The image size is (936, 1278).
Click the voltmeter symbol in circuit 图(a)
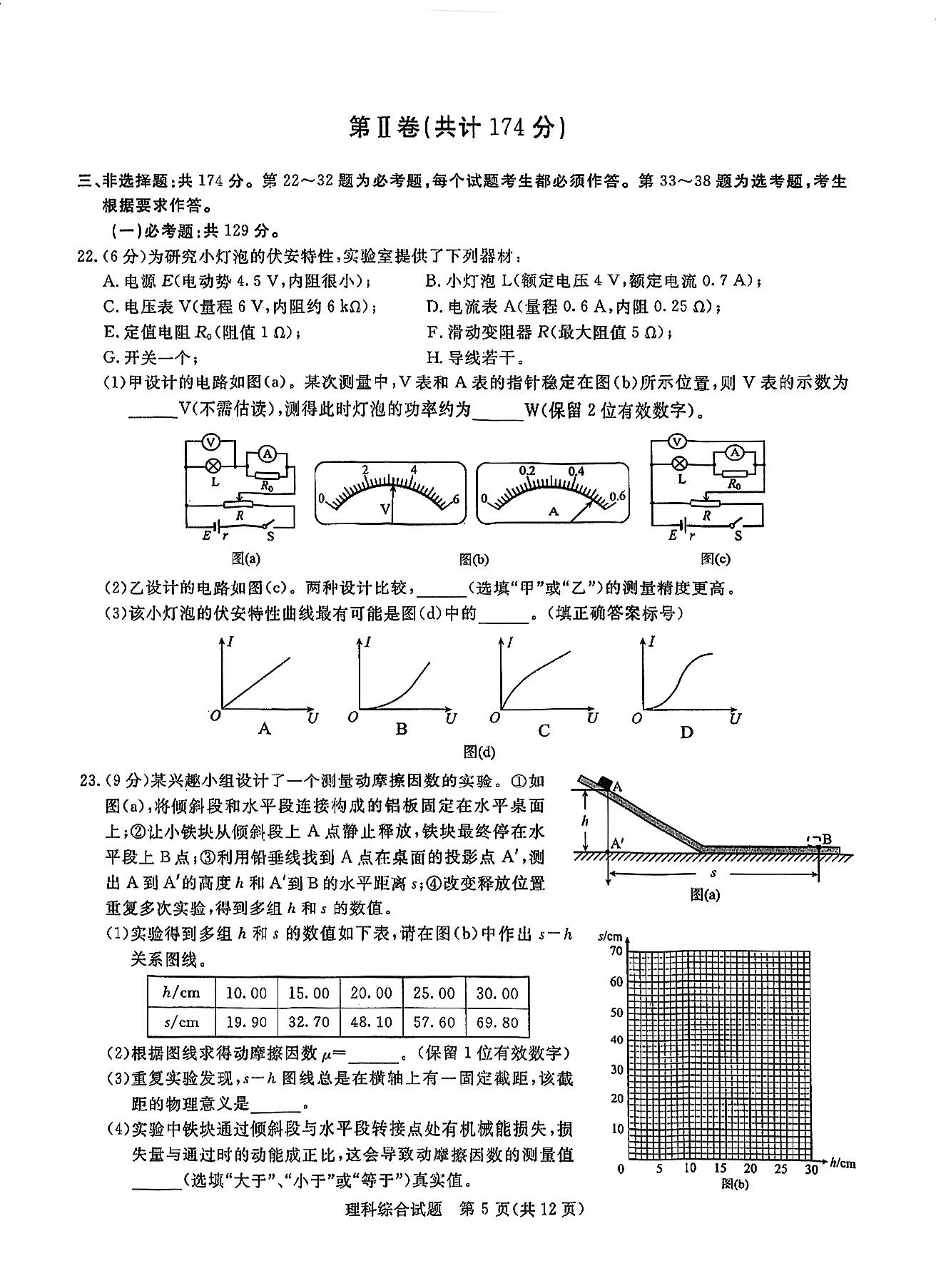210,443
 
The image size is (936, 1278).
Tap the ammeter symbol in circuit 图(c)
735,452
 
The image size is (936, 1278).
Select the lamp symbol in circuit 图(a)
212,466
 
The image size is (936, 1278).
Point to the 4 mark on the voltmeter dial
414,470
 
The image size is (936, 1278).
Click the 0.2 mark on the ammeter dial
527,471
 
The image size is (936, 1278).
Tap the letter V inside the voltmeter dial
385,508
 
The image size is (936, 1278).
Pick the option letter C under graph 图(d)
544,730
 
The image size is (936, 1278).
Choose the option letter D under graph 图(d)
686,732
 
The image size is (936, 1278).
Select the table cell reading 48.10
371,1022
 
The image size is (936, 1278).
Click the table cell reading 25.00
434,993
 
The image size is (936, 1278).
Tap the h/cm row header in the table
181,993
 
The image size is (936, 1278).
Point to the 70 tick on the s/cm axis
615,951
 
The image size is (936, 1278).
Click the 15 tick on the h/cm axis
720,1169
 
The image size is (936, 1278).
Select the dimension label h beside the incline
585,821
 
